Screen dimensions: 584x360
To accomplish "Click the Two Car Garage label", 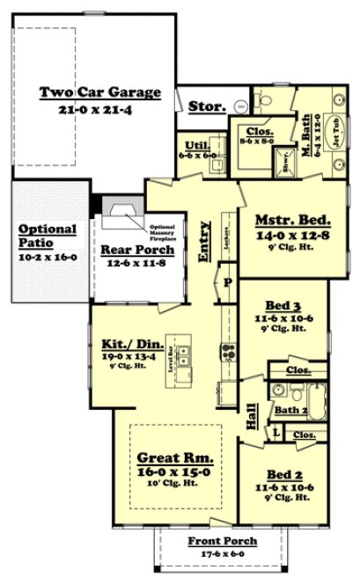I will [99, 91].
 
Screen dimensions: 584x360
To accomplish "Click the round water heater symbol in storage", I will [239, 106].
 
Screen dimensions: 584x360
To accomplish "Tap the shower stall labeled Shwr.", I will [286, 162].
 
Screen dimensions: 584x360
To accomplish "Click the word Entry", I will [204, 242].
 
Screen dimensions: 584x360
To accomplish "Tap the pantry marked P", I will [227, 283].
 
